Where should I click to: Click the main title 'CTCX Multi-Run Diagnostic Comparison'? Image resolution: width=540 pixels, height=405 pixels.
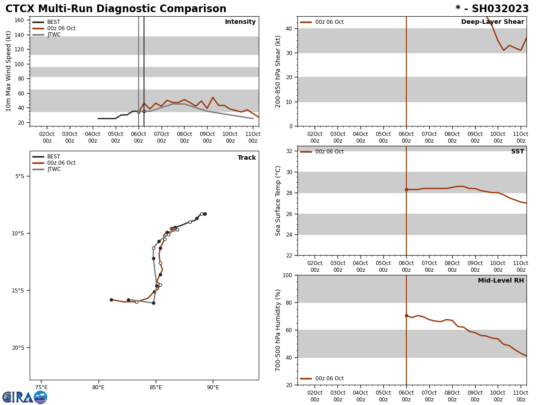(x=116, y=9)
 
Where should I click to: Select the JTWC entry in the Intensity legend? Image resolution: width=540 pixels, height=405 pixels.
(x=54, y=35)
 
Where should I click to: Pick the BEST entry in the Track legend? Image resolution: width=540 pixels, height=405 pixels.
(x=54, y=157)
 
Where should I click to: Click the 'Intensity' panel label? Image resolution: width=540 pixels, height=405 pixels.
(x=240, y=22)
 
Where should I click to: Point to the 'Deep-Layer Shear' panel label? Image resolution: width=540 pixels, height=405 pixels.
(x=492, y=22)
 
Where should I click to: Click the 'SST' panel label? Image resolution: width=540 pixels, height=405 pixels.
(x=517, y=152)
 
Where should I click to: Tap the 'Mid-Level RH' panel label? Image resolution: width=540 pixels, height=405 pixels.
(x=500, y=281)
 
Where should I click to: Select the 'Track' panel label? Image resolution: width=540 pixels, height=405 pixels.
(x=247, y=158)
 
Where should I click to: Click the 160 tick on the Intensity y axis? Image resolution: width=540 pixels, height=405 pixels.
(x=19, y=20)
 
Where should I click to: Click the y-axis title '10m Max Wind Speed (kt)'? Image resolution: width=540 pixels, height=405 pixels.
(x=9, y=71)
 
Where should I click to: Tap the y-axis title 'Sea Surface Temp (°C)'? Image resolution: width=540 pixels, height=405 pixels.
(x=278, y=201)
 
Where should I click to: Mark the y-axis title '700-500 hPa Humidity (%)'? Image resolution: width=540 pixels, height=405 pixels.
(x=278, y=330)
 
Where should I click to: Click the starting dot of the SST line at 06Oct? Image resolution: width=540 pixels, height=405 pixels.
(x=406, y=189)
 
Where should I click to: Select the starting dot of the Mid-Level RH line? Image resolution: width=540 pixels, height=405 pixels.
(x=406, y=316)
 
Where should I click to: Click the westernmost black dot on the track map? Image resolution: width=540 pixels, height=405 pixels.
(x=111, y=300)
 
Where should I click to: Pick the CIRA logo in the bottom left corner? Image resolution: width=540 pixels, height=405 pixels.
(x=25, y=397)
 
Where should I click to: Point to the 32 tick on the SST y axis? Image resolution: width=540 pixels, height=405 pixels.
(x=289, y=151)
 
